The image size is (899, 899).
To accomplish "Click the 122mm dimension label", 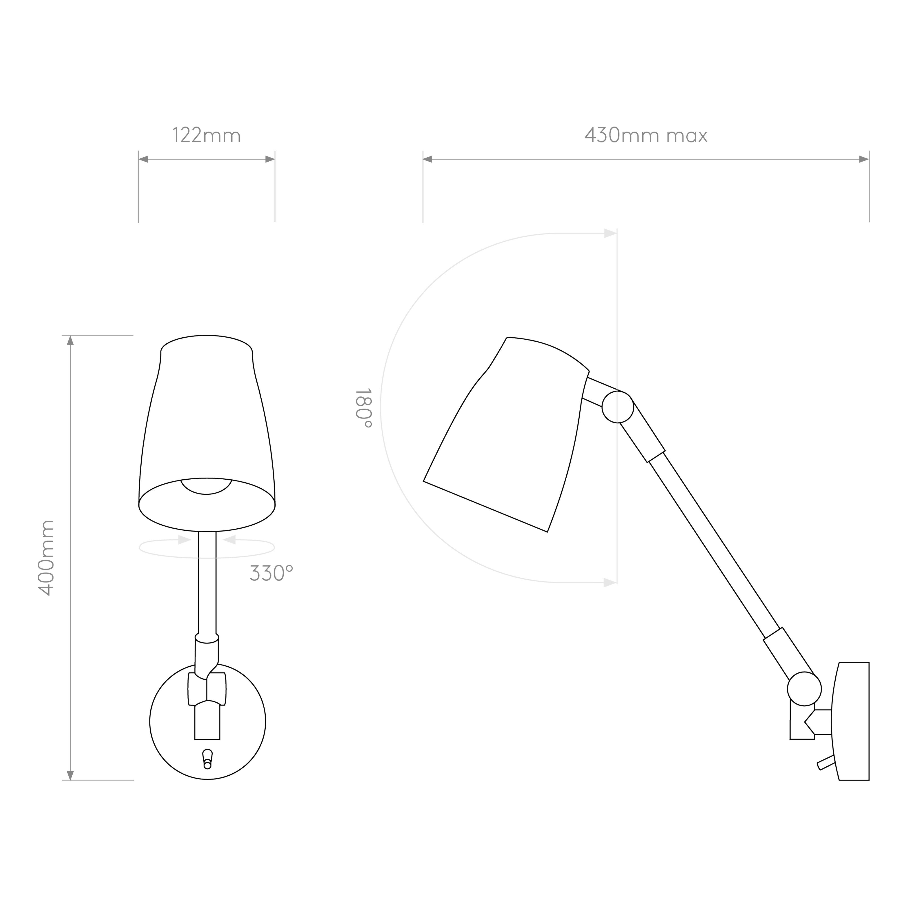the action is tap(207, 135).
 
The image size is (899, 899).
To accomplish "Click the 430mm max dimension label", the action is tap(646, 135).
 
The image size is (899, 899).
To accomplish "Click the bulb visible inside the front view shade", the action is tap(206, 486).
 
